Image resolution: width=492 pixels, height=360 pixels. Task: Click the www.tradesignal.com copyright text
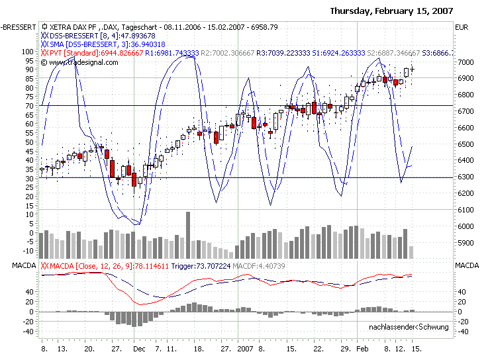coord(83,62)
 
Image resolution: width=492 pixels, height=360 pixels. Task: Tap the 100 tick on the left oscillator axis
coord(28,51)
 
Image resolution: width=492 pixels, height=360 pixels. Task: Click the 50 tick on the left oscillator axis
coord(30,142)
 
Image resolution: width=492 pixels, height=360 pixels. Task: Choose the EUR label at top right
coord(462,27)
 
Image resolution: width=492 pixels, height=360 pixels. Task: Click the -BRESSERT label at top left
coord(19,27)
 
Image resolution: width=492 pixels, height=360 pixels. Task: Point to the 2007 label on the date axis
coord(246,347)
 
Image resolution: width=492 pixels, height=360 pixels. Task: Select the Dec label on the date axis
coord(138,347)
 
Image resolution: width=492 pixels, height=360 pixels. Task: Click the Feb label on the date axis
coord(362,347)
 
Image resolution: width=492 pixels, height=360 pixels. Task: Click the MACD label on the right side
coord(466,266)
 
